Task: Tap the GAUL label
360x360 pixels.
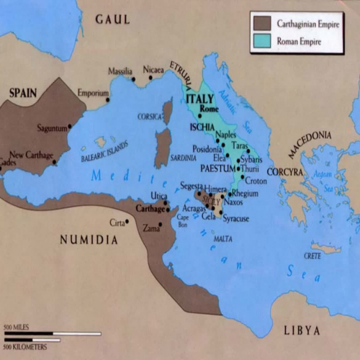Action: [113, 18]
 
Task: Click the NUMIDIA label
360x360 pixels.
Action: [89, 240]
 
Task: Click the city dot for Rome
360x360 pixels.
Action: [199, 116]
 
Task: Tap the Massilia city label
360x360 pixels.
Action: [120, 71]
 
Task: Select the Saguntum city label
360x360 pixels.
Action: [52, 128]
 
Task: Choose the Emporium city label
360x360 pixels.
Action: [93, 93]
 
